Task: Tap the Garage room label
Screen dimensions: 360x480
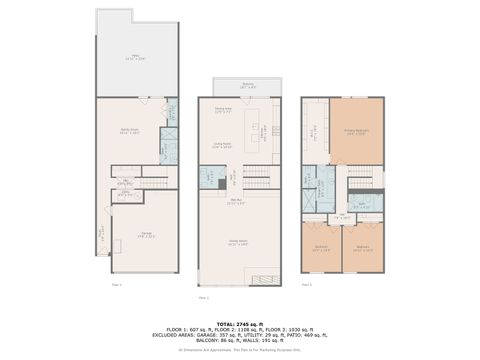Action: coord(146,236)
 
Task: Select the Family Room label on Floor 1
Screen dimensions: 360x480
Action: coord(130,131)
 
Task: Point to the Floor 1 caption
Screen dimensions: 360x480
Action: coord(116,285)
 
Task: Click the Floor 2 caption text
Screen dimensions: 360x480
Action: coord(203,297)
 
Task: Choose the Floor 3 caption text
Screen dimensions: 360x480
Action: coord(307,285)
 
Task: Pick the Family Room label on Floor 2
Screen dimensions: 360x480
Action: coord(238,243)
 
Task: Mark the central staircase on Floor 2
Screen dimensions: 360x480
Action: coord(257,178)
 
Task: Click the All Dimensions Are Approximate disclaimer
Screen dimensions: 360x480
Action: coord(240,350)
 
